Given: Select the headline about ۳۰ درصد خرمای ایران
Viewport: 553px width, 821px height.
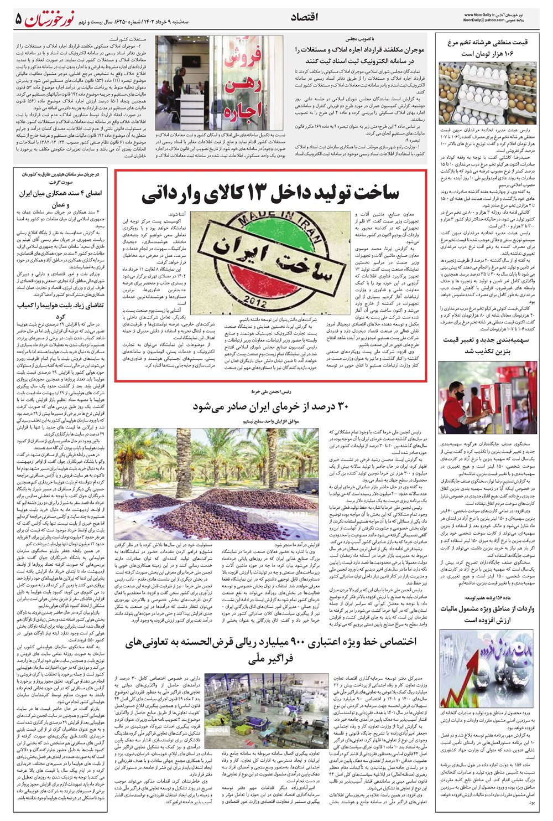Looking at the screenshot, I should [270, 406].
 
